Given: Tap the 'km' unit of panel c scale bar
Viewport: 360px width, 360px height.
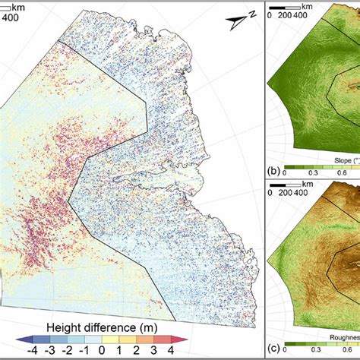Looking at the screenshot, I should [x=304, y=183].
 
